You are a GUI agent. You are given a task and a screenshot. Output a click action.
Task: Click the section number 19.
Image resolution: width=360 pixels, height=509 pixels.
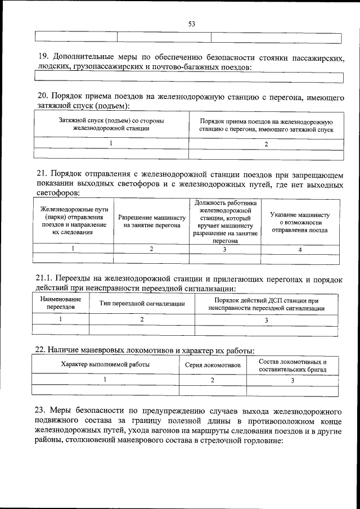43,56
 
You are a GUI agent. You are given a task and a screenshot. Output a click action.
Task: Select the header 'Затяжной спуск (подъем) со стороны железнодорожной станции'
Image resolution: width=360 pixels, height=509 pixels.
111,124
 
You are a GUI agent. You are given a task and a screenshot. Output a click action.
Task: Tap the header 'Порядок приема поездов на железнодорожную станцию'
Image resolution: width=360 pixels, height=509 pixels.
266,125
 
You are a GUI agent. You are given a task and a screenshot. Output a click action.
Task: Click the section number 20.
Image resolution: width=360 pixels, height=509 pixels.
43,96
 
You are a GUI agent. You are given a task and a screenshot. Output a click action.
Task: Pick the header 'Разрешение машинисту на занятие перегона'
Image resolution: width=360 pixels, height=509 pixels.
151,221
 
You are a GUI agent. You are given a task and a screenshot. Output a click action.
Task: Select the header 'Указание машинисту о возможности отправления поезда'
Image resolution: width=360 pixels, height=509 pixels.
299,222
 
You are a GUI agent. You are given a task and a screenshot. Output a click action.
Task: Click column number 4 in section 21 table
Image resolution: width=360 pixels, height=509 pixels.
299,249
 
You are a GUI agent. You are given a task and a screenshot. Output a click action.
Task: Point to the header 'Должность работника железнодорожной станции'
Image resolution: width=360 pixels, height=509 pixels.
225,221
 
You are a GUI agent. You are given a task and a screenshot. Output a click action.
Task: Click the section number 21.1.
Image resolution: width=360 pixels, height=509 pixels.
46,278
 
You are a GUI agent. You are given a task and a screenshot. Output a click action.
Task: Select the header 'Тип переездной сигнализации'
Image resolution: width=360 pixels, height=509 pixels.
142,304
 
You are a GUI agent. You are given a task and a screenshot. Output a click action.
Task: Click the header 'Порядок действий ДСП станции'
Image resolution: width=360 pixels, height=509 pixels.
266,304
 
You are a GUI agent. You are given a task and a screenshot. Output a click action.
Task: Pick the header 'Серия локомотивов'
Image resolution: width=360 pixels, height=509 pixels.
213,364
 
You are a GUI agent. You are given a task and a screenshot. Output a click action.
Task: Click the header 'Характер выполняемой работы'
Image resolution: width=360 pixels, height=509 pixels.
105,364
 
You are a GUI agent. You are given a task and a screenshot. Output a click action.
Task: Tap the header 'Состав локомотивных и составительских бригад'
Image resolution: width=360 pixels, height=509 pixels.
292,364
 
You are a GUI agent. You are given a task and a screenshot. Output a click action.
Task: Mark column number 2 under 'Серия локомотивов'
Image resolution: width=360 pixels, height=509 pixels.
213,380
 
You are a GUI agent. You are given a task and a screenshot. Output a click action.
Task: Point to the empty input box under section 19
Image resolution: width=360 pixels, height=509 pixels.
189,77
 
